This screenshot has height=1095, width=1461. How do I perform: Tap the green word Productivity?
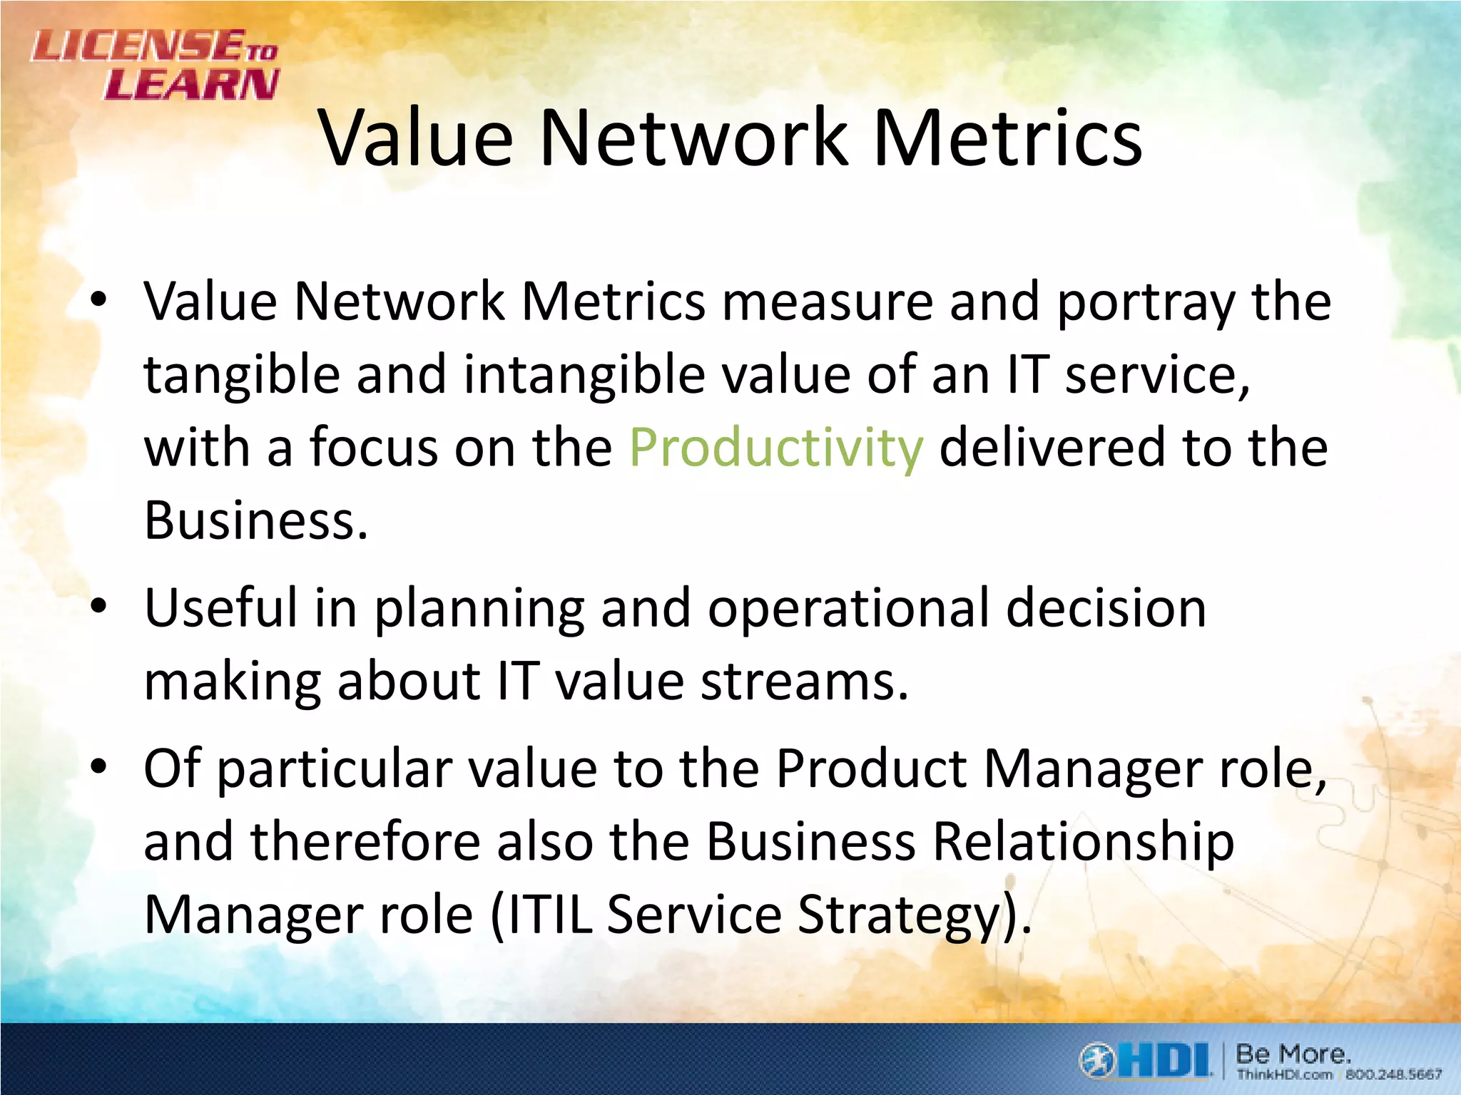pyautogui.click(x=776, y=448)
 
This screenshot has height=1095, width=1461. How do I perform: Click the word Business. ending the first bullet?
pyautogui.click(x=255, y=520)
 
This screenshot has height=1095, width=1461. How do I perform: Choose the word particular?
pyautogui.click(x=334, y=770)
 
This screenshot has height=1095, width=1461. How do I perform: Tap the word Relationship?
pyautogui.click(x=1082, y=842)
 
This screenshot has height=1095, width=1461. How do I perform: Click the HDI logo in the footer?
pyautogui.click(x=1145, y=1061)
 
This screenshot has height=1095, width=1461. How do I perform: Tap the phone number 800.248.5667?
pyautogui.click(x=1393, y=1074)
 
